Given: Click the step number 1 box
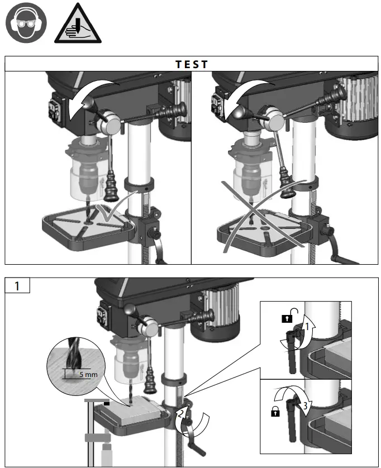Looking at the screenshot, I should pyautogui.click(x=17, y=286).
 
